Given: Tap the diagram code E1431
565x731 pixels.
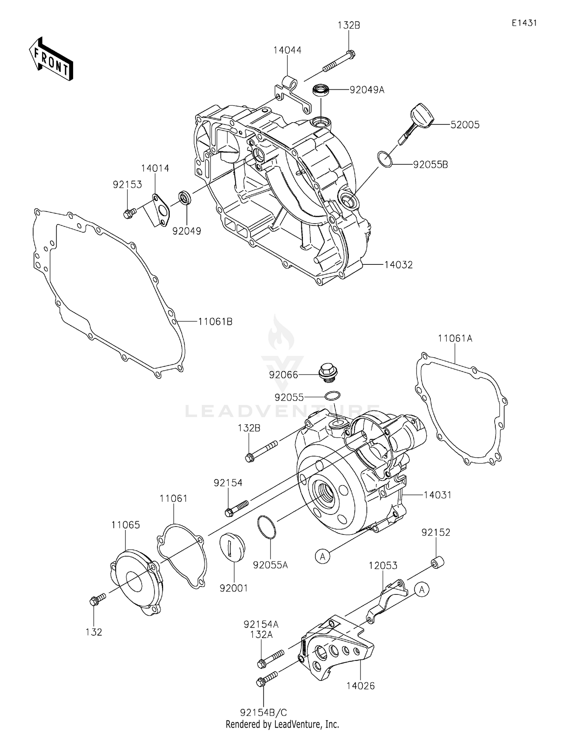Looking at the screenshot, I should [x=524, y=23].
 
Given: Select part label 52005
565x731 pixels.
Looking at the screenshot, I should [x=465, y=125].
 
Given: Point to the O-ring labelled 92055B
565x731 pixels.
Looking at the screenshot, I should [x=385, y=159].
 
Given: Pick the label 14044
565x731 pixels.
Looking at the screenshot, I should [x=287, y=50].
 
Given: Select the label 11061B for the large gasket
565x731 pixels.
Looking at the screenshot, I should [x=215, y=322].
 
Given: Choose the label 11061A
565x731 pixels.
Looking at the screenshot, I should [x=455, y=338].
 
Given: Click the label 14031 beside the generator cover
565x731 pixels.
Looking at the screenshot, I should [x=437, y=494].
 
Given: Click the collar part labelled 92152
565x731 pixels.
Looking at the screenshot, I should [x=437, y=561].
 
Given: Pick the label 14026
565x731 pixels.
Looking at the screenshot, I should [x=360, y=686].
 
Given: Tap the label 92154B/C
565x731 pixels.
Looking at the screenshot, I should [x=263, y=712].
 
